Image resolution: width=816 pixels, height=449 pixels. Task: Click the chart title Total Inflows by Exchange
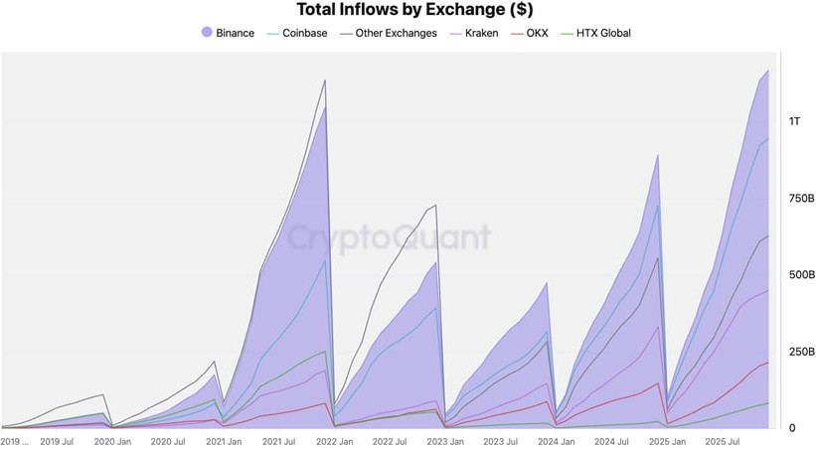408,10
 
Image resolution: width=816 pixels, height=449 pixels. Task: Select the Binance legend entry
235,33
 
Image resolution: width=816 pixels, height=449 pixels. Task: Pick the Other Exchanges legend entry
396,33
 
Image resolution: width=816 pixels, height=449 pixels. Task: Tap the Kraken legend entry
481,33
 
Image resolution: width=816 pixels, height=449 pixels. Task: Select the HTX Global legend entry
597,33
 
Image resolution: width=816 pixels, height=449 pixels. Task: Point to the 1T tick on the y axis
794,121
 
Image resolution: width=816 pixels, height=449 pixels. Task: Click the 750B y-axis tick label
801,199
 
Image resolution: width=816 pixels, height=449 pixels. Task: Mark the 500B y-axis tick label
801,275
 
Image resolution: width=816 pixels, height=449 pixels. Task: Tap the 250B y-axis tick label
801,352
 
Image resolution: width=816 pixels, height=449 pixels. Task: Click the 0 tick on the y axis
791,428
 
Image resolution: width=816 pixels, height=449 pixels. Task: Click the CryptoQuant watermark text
389,238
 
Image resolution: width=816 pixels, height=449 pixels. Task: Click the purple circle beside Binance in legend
207,33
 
